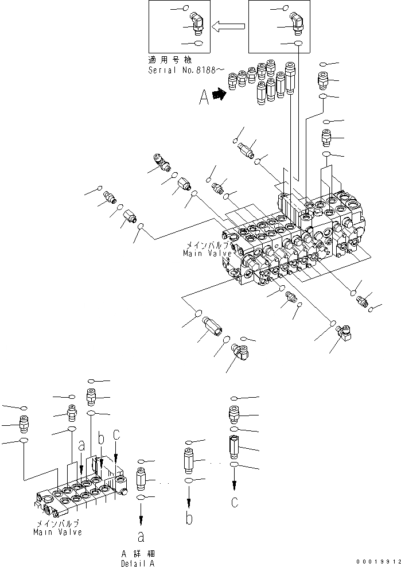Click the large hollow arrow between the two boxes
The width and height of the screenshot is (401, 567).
228,26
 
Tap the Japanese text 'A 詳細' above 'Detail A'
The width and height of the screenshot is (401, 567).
136,555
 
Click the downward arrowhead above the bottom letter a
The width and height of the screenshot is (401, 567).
141,521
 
